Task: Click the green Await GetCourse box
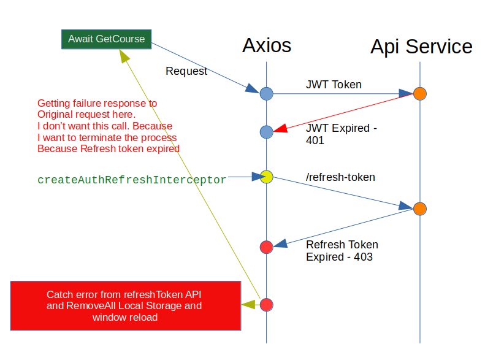pos(106,39)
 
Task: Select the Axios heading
pos(267,45)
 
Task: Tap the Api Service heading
pos(421,47)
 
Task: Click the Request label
pos(186,71)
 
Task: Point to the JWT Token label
pos(334,85)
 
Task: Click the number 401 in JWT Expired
pos(315,140)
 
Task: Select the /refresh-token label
pos(340,177)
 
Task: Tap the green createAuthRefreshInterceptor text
pos(132,180)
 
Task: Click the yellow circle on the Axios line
pos(266,177)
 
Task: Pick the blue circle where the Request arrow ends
pos(266,94)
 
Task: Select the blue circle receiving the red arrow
pos(266,132)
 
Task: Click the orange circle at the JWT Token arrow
pos(420,94)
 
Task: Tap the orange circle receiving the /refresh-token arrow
pos(420,209)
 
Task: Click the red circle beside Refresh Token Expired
pos(266,247)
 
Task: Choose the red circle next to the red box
pos(266,304)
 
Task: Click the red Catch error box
pos(124,305)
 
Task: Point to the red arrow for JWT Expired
pos(343,113)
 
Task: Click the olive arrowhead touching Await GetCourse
pos(124,56)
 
